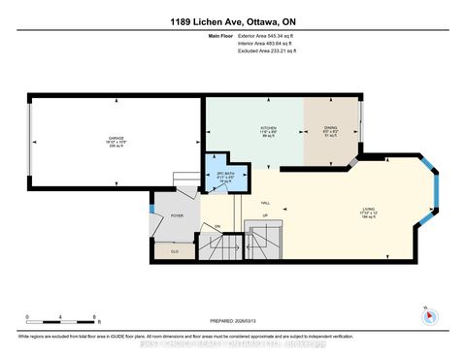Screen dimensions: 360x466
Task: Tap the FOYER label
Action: tap(177, 216)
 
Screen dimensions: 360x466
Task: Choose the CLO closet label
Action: tap(175, 250)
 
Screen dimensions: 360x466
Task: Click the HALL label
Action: tap(238, 202)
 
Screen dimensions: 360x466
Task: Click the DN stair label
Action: tap(218, 227)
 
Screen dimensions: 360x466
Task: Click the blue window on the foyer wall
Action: tap(151, 207)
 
